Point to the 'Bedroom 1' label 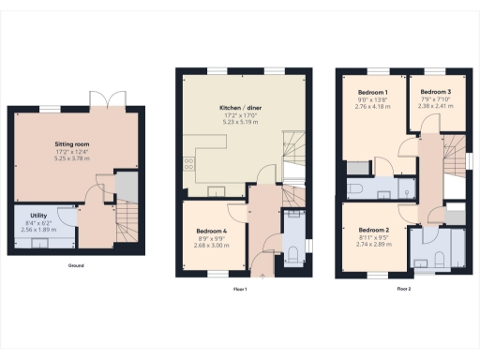tap(373, 93)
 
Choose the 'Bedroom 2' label tap(373, 230)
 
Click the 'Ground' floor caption tap(76, 266)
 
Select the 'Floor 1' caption tap(241, 290)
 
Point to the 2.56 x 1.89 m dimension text tap(38, 229)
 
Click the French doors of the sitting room tap(101, 100)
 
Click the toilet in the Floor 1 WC tap(292, 251)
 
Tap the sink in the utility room tap(40, 245)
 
